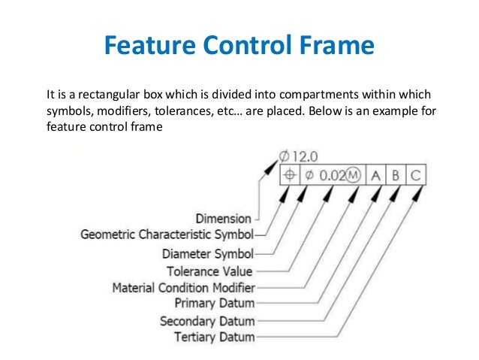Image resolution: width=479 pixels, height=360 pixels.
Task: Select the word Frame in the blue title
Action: (x=338, y=47)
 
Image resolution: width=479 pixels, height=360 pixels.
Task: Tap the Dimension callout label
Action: (x=223, y=218)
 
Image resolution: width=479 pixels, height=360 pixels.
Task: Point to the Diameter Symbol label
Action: (x=208, y=253)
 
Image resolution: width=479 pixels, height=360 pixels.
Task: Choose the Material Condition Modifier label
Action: (x=183, y=287)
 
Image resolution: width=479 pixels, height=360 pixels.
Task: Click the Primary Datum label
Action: (x=214, y=303)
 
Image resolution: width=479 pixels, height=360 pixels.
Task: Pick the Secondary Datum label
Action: (x=207, y=321)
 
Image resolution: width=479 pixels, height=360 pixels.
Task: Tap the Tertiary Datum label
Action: (x=214, y=337)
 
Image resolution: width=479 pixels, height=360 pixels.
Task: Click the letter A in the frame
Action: (x=375, y=176)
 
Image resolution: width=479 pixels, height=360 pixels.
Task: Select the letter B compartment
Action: (x=396, y=176)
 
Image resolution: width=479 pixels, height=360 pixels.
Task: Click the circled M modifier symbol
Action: (x=354, y=176)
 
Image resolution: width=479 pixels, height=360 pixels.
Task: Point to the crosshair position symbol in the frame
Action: (x=289, y=176)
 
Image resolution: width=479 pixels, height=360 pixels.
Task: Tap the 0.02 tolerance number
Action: (x=332, y=176)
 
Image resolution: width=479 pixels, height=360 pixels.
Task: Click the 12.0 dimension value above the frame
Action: (x=305, y=156)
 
